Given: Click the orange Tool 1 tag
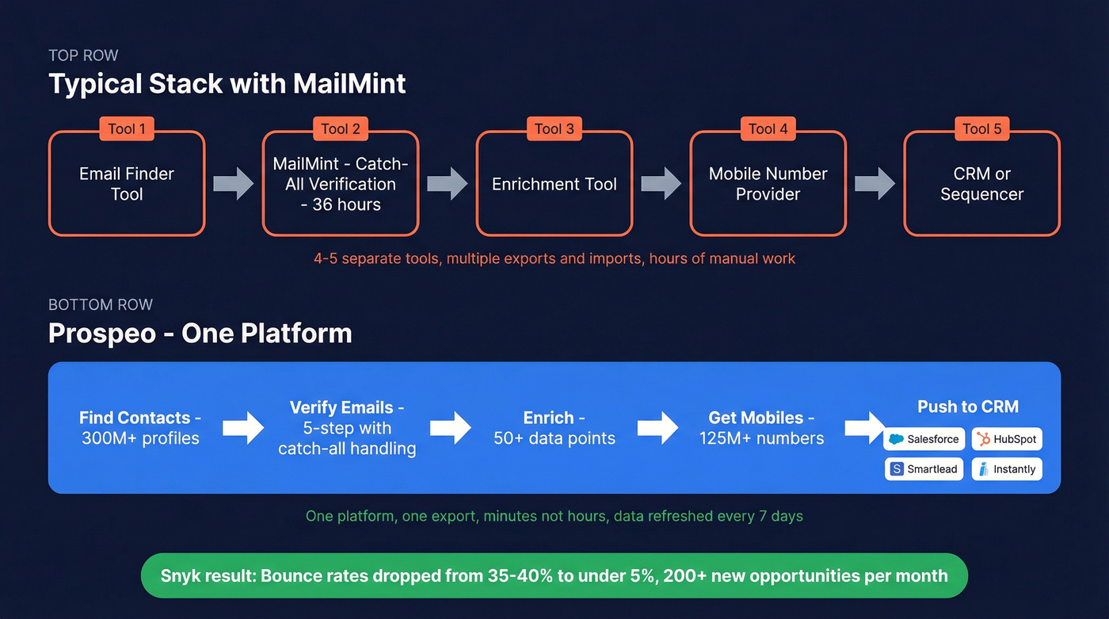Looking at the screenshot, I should (127, 129).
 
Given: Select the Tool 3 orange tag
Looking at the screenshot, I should (554, 129).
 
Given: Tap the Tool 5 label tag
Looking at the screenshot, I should (981, 129).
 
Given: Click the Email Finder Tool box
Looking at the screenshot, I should (127, 185).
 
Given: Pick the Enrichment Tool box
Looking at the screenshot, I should (554, 185).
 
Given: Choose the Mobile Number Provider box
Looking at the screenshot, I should (768, 185).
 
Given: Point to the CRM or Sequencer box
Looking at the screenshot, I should (981, 185).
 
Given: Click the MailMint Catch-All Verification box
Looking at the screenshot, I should (341, 185).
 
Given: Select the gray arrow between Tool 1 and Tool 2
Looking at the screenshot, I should (233, 184).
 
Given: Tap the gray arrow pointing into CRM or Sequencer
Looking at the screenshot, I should (875, 184).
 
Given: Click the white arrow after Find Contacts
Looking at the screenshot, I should (242, 429).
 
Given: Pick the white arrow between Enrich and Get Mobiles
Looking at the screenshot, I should (657, 429).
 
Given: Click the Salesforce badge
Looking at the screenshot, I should (924, 439).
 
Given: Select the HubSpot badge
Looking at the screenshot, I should (1007, 439).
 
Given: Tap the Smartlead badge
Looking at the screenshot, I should (924, 469).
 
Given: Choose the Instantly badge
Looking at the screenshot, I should (1007, 469).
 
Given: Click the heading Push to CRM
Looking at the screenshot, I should (967, 407).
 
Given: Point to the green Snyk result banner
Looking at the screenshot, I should (554, 575).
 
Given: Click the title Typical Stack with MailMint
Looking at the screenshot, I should (227, 84).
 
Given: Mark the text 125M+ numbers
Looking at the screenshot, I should (761, 438).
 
